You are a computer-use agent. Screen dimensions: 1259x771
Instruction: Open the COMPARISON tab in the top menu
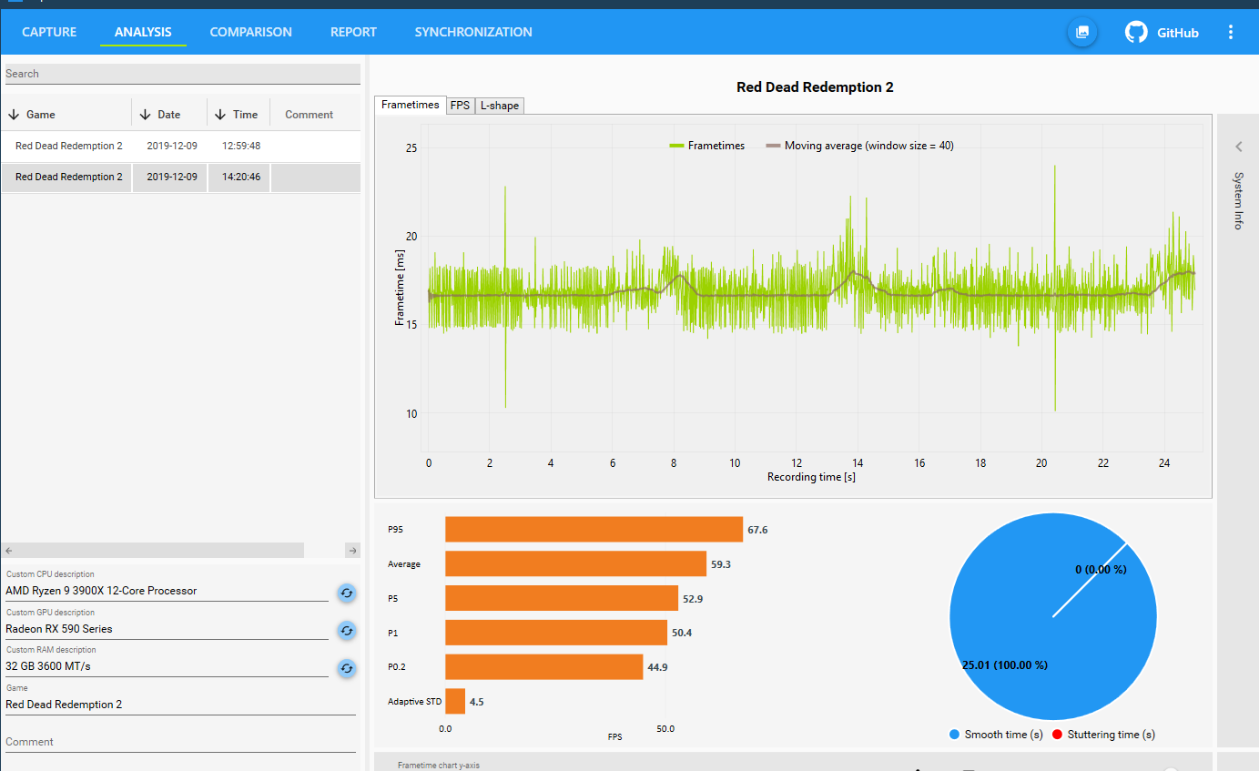point(250,32)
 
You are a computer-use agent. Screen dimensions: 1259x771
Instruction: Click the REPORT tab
point(353,32)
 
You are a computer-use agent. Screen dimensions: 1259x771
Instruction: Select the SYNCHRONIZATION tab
point(473,32)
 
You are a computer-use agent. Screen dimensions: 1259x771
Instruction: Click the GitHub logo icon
point(1136,32)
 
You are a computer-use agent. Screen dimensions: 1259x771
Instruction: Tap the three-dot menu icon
point(1231,32)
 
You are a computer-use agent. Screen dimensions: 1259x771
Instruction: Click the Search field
point(183,74)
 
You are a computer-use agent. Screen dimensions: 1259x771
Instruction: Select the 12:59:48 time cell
point(241,146)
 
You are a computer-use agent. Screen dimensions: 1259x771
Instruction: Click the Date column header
point(168,115)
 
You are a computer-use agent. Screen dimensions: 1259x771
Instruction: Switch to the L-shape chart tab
point(500,106)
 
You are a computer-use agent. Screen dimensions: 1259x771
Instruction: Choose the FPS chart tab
point(460,106)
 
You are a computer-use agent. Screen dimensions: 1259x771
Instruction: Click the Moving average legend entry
point(860,146)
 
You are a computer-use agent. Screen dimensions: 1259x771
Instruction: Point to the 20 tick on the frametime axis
point(411,237)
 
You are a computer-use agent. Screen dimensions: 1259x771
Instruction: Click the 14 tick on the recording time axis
point(858,463)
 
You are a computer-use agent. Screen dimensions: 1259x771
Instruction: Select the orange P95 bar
point(594,530)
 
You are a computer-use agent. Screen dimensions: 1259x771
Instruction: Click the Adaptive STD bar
point(454,701)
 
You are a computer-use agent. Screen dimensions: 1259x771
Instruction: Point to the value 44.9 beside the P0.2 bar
point(657,667)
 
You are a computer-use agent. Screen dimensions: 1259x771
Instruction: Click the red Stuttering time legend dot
point(1057,735)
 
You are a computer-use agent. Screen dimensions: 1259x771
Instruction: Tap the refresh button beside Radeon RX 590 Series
point(347,631)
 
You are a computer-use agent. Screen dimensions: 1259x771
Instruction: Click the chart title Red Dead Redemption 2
point(815,87)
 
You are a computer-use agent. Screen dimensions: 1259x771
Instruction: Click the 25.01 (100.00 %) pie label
point(1005,665)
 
